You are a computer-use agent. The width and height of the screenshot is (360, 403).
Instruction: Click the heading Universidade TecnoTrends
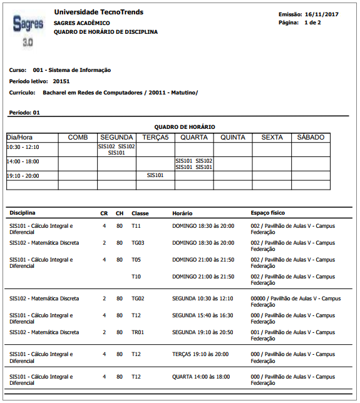click(98, 13)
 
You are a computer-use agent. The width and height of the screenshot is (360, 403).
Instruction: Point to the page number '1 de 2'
click(312, 23)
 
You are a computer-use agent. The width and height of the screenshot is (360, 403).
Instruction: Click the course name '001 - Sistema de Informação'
click(71, 70)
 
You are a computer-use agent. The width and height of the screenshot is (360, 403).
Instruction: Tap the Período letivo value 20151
click(61, 81)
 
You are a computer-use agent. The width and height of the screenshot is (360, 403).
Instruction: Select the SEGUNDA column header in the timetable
click(116, 137)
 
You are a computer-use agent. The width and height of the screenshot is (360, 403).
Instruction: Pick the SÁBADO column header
click(311, 137)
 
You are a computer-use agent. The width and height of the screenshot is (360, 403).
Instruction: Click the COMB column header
click(78, 137)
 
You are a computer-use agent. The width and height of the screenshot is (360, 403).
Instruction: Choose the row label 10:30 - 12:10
click(23, 147)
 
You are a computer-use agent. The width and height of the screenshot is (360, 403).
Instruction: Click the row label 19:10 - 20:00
click(23, 176)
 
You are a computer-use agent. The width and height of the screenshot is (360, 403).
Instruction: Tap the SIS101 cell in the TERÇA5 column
click(155, 176)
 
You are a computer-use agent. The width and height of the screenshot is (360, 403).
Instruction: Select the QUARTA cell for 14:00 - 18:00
click(194, 164)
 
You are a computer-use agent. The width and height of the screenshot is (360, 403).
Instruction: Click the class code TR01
click(138, 332)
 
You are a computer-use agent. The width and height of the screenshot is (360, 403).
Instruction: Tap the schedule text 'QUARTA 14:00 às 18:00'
click(201, 377)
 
